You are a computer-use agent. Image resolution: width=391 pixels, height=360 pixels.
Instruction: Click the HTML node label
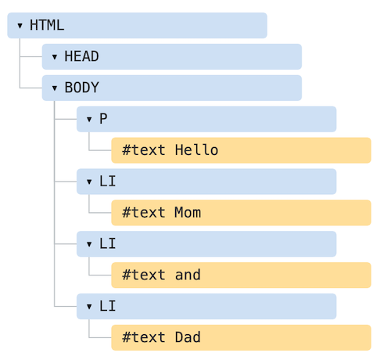47,25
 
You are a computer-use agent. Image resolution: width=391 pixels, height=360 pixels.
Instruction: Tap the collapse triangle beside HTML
20,26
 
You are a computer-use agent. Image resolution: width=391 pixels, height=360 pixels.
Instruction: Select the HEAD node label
81,56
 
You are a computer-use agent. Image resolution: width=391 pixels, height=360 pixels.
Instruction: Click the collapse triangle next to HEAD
55,57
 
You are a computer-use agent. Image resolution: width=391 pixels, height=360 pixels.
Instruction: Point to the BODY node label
81,88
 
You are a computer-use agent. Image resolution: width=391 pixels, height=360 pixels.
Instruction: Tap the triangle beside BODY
55,88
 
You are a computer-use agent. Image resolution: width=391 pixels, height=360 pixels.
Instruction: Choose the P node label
103,119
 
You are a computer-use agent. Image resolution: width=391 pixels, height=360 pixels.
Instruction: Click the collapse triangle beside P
89,120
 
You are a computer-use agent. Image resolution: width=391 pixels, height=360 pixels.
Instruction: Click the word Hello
196,150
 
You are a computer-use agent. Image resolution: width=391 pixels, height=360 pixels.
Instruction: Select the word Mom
188,212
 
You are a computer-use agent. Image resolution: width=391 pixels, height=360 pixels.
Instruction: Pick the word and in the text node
188,275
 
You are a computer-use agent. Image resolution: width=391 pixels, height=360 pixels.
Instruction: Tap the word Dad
188,337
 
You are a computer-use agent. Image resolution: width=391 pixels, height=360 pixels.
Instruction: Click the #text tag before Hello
144,150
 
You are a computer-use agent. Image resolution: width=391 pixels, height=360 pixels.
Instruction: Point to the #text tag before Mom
144,212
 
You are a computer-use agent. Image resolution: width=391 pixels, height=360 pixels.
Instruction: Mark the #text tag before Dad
144,337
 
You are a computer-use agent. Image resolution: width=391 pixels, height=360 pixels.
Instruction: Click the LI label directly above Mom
107,181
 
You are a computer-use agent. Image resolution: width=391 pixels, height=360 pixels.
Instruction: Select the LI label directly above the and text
107,243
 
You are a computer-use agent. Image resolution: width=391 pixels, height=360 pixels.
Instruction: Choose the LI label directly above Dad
107,306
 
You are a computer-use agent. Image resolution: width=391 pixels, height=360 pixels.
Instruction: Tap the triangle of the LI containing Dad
89,307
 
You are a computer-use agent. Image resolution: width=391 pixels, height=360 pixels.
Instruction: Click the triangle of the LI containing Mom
89,182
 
